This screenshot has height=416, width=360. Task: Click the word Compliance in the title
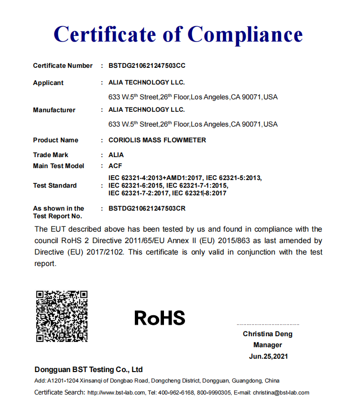[245, 34]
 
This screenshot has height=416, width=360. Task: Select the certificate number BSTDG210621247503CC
[147, 65]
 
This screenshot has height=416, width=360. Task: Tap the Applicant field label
[48, 83]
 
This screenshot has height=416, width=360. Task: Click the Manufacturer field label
[54, 110]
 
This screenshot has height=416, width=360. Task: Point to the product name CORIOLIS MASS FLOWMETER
[157, 140]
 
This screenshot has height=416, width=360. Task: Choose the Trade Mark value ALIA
[116, 155]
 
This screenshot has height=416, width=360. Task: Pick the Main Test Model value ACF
[116, 166]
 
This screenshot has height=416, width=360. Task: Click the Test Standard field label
[55, 185]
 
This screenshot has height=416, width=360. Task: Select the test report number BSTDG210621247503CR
[147, 208]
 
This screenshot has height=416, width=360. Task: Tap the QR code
[62, 316]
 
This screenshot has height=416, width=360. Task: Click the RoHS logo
[160, 318]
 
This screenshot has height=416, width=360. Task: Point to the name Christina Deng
[268, 334]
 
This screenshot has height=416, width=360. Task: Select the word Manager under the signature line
[268, 345]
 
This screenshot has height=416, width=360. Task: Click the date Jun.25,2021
[268, 356]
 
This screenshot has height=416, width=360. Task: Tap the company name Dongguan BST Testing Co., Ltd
[88, 370]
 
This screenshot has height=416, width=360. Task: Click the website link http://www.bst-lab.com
[116, 393]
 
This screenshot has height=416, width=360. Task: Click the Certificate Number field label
[63, 65]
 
